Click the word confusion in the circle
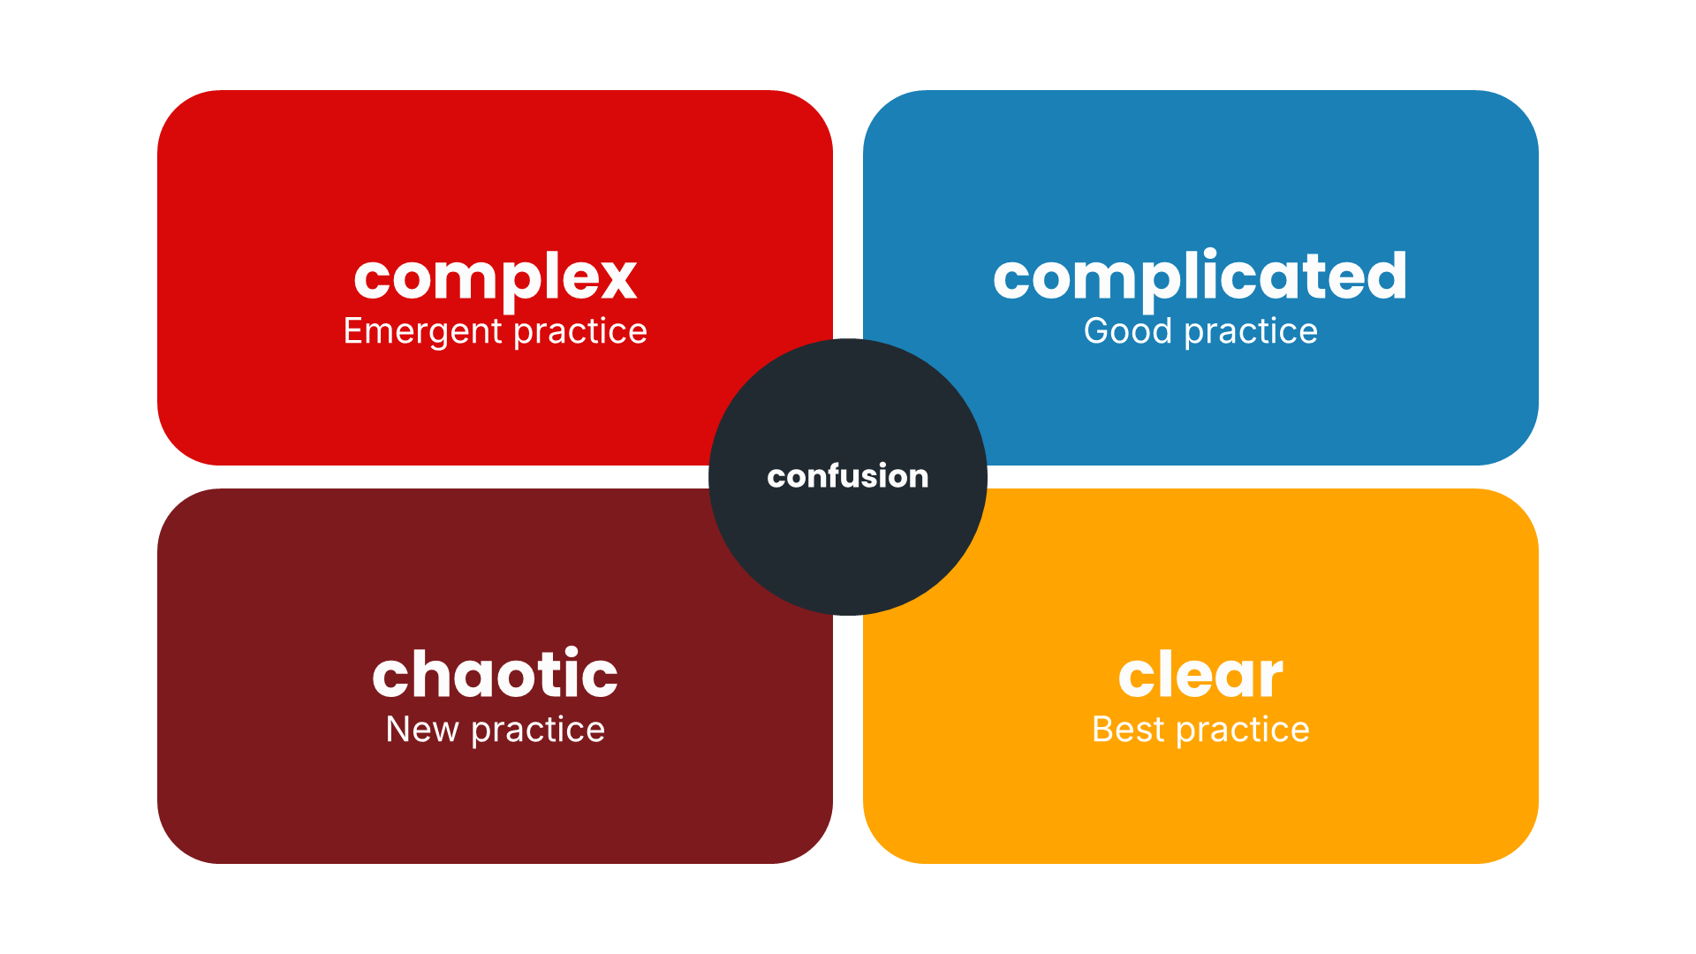(x=848, y=476)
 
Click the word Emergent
(x=422, y=332)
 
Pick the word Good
(x=1127, y=331)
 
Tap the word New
(x=422, y=730)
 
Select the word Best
(x=1128, y=730)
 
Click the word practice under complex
(x=580, y=332)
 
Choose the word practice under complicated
(x=1251, y=332)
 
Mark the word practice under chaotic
(x=538, y=731)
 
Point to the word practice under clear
(x=1243, y=731)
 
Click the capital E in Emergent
(x=353, y=331)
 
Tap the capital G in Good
(x=1097, y=331)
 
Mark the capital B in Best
(x=1104, y=730)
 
